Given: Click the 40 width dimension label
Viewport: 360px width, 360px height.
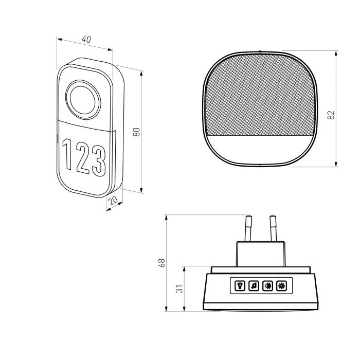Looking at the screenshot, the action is [x=86, y=40].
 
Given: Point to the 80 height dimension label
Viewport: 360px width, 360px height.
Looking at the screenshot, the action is [x=137, y=132].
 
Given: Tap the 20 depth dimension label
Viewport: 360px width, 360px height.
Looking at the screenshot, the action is [x=113, y=201].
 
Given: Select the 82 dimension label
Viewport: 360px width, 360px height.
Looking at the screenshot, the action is [x=331, y=115].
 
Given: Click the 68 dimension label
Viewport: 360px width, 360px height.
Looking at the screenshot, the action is [x=161, y=263].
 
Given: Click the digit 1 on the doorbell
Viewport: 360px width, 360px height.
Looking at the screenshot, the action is [x=67, y=154].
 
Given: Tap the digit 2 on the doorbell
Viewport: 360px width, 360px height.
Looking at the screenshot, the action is [x=83, y=158].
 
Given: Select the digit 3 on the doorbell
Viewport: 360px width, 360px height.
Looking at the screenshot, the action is [x=99, y=162].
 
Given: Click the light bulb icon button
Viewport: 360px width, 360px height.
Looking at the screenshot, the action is [x=240, y=286].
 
